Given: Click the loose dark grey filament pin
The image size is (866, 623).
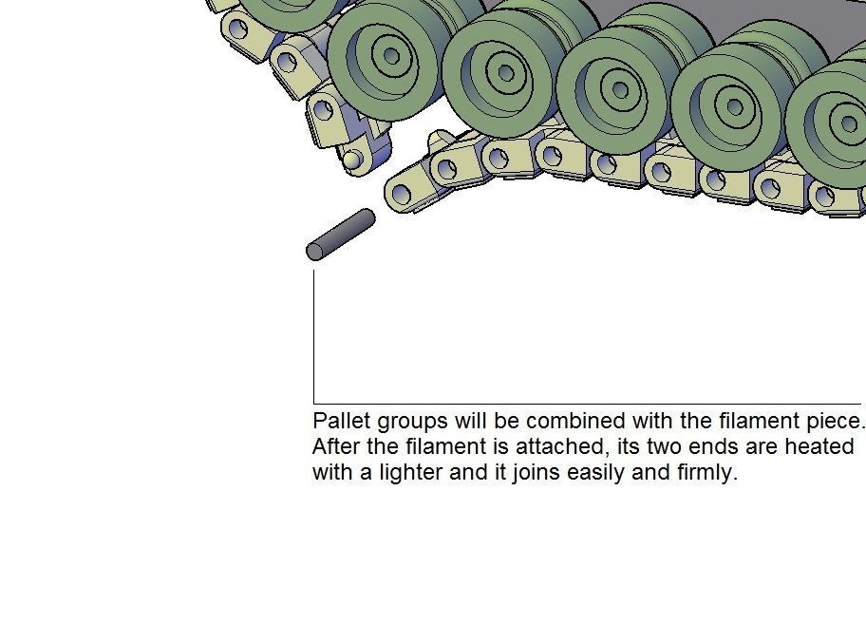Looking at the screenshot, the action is pos(341,235).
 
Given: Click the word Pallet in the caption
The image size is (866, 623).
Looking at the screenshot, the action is pos(341,421).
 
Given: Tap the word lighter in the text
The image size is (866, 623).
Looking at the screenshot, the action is pos(410,473).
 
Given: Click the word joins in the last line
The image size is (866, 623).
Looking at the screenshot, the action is pos(536,473).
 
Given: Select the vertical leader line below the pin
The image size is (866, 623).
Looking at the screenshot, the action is pos(313,337).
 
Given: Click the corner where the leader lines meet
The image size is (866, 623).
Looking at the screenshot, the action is pos(313,404).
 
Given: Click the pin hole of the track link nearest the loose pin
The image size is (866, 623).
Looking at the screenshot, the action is pos(402,195).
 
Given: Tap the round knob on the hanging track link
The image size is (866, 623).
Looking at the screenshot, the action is pos(351,160).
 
